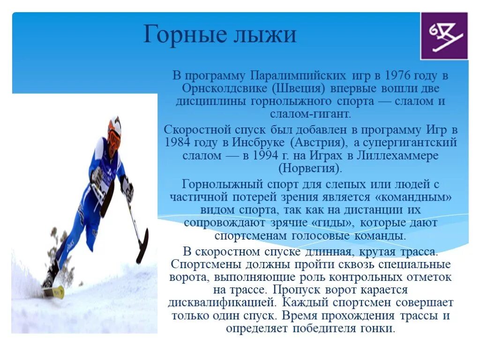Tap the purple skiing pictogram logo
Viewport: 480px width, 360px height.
tap(444, 36)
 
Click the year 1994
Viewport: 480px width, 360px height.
tap(258, 156)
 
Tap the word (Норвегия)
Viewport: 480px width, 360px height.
tap(310, 168)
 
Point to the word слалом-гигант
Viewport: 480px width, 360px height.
tap(309, 114)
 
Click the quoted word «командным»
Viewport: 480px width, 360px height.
tap(412, 197)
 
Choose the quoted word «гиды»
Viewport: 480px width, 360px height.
tap(333, 223)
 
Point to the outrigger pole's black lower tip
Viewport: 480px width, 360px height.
tap(142, 247)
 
